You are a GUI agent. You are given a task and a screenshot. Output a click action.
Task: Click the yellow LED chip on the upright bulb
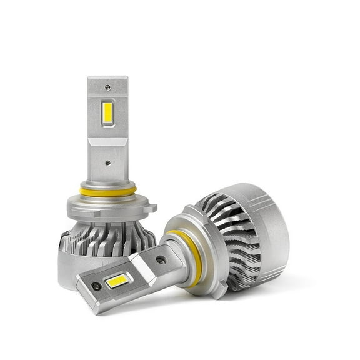tap(107, 113)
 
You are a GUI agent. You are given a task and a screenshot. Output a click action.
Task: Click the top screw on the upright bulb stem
tap(107, 87)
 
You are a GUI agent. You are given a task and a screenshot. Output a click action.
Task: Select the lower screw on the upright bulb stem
tap(107, 162)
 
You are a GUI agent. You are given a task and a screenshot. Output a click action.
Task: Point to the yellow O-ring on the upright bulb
tap(107, 191)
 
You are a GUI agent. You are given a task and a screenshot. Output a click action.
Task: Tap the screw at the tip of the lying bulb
tap(96, 287)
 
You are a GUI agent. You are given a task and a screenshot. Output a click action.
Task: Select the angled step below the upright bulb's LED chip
tap(107, 141)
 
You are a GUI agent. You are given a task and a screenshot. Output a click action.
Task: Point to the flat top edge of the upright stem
tap(107, 78)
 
